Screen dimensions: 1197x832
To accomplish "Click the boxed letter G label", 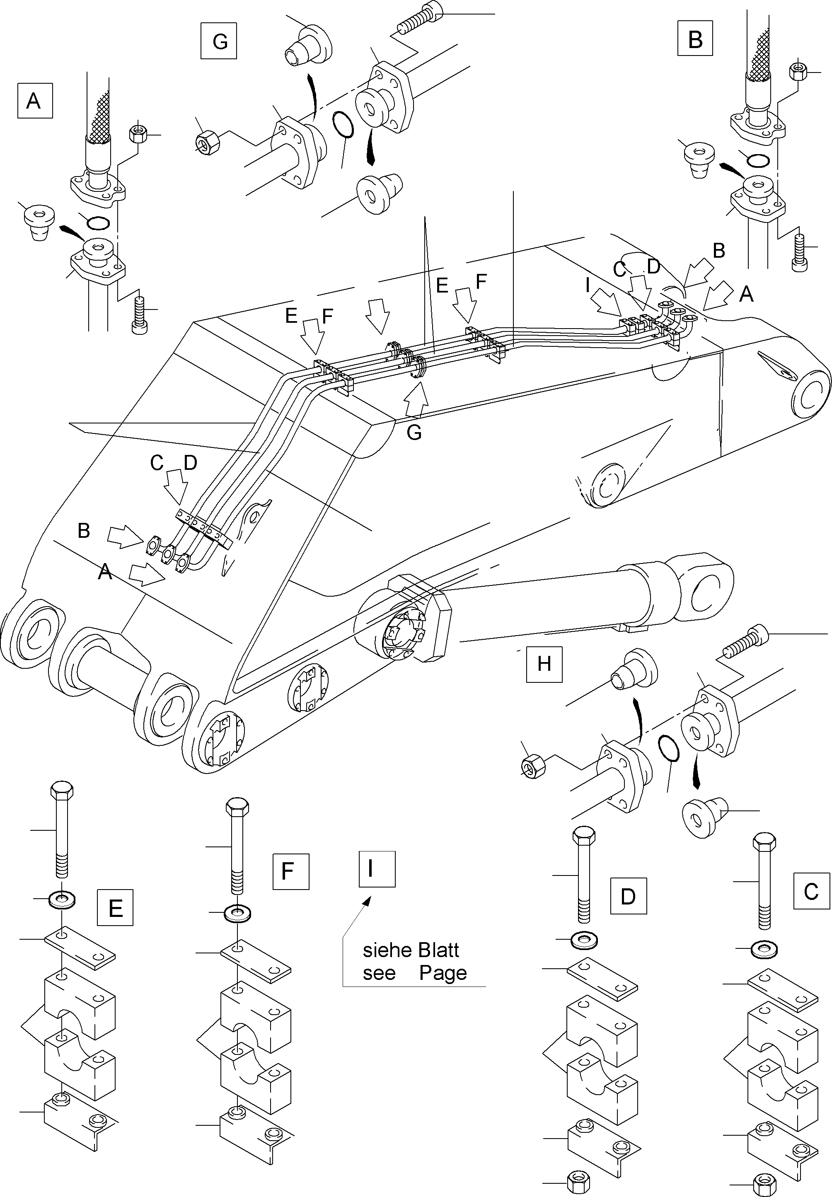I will (219, 41).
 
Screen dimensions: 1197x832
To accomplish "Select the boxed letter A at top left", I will (34, 100).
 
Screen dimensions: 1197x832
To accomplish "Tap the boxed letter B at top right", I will (695, 39).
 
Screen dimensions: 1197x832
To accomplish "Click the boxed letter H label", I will (544, 664).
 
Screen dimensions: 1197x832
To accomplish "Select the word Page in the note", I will (443, 973).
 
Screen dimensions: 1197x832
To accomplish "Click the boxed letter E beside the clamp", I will (115, 908).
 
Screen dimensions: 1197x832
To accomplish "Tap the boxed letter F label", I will (291, 871).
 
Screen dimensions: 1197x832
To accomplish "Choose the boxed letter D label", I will (628, 896).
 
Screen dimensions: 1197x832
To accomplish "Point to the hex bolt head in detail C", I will (764, 841).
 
